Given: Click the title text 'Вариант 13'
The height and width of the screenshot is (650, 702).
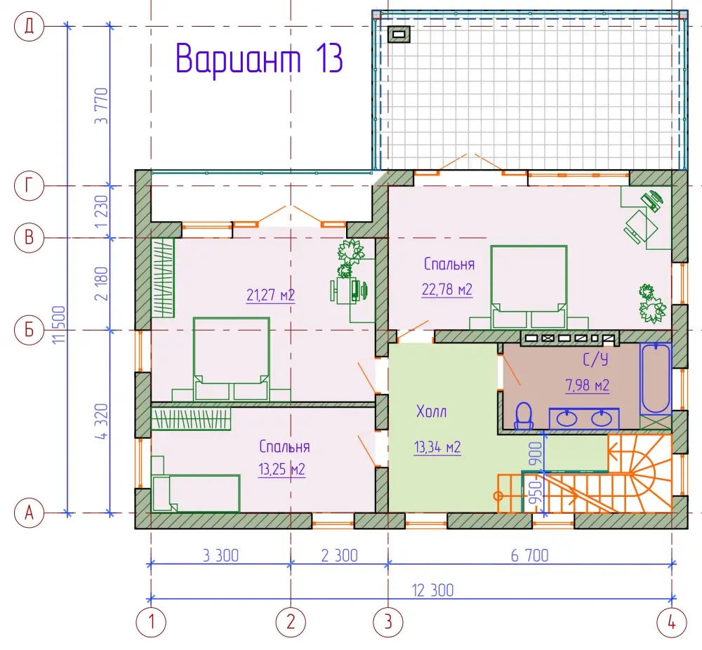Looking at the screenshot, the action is pos(259,58).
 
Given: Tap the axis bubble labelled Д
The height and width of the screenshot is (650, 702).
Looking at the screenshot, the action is pos(29,27).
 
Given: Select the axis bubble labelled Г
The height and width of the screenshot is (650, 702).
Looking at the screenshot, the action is pos(29,185).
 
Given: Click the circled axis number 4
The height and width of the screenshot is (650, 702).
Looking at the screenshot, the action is pos(672,622).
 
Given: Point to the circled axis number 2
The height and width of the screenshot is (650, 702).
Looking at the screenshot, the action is pos(291,622).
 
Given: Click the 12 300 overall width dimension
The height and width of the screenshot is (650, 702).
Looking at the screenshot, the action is pos(432,590).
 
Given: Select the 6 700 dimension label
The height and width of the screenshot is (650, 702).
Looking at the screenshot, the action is pos(529,555).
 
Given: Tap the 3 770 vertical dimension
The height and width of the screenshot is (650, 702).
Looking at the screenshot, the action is pos(102,106).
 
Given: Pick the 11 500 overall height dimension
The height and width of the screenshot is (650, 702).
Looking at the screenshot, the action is pos(59,324).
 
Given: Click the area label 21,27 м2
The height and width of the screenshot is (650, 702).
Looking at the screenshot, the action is pos(270,295).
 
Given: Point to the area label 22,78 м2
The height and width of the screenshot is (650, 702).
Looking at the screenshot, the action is pos(446,290).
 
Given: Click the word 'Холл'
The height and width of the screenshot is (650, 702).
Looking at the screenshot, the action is pos(431,411).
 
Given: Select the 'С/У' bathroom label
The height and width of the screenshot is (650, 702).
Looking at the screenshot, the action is pos(595,359).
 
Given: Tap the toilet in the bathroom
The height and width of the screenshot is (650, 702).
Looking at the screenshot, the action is pos(524,416).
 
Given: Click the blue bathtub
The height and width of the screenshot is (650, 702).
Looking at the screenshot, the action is pos(655,379).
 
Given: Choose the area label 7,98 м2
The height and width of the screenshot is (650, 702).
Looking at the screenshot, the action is pos(588,385).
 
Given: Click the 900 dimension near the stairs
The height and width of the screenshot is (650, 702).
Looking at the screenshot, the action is pos(535,453).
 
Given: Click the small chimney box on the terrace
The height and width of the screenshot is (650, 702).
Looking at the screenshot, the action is pos(399,34).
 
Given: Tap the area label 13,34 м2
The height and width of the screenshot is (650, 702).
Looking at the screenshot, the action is pos(437,446).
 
